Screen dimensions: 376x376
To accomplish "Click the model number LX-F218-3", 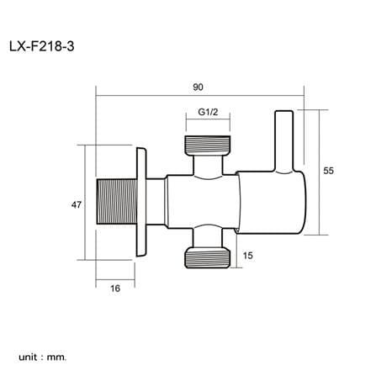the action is click(42, 46).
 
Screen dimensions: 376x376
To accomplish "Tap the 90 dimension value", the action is click(198, 87).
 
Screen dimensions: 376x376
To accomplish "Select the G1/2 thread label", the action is click(208, 112).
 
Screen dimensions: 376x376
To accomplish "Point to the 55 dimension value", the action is click(329, 171).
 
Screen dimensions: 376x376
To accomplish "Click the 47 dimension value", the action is click(77, 205).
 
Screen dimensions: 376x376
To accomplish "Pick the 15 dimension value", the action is click(248, 256).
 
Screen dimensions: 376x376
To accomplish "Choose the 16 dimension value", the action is click(115, 289).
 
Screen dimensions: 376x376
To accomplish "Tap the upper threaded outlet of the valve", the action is click(208, 145).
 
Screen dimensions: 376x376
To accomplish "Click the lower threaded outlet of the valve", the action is click(208, 258).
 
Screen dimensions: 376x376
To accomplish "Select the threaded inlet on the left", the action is click(117, 202).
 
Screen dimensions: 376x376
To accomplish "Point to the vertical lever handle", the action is click(284, 141).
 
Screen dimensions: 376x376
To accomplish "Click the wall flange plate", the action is click(141, 202).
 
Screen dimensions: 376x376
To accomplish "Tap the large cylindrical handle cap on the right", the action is click(272, 202).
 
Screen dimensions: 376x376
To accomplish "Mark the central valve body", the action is click(203, 202).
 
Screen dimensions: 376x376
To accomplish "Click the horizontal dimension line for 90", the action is click(200, 96).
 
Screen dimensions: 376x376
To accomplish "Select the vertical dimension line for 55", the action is click(319, 172).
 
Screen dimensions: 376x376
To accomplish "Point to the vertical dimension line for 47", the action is click(84, 203).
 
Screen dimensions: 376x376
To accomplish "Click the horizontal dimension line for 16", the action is click(115, 279).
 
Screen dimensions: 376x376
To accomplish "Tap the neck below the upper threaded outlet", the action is click(208, 165).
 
